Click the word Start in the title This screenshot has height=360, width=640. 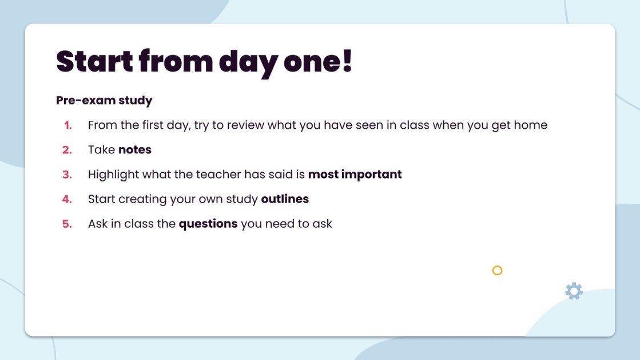click(94, 61)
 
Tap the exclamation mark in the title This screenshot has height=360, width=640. click(347, 61)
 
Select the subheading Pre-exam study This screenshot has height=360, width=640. click(104, 101)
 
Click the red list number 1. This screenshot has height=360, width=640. click(68, 125)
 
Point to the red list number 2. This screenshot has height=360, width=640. click(67, 150)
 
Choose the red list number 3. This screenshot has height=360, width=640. click(67, 175)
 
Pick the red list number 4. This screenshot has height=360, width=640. click(67, 199)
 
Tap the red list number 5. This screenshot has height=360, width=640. click(67, 224)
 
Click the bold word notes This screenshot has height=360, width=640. click(135, 150)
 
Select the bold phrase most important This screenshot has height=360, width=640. click(355, 175)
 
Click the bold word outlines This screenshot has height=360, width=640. click(285, 199)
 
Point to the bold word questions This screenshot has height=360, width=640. click(208, 224)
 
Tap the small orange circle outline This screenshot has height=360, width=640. click(497, 270)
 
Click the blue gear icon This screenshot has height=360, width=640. click(574, 291)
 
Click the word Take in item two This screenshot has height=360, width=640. click(101, 150)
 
